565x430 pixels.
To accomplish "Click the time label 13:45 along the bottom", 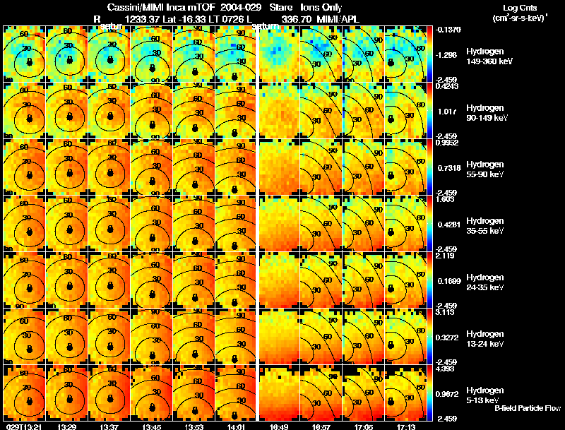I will pyautogui.click(x=152, y=426).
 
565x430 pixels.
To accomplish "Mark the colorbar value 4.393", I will pyautogui.click(x=446, y=369).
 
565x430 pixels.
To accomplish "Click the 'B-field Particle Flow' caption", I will pyautogui.click(x=528, y=408).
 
